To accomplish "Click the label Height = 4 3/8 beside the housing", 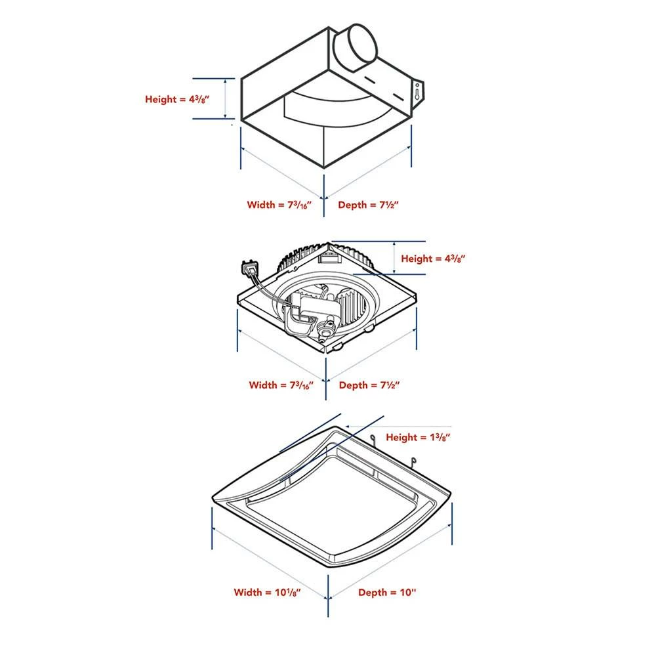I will [x=177, y=100].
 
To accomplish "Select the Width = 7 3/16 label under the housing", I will [x=278, y=205].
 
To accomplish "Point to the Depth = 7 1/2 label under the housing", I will [x=369, y=205].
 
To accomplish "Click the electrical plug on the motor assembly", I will [x=249, y=268].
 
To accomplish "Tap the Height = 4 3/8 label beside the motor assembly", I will [x=433, y=259].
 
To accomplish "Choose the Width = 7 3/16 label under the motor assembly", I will [x=280, y=385].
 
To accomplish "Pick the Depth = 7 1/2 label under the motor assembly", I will [x=369, y=385].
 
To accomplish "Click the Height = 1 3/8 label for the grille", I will [x=418, y=437].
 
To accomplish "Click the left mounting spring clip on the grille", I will [x=373, y=440].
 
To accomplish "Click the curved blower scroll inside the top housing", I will [x=328, y=105].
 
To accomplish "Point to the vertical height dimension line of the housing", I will [x=226, y=99].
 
